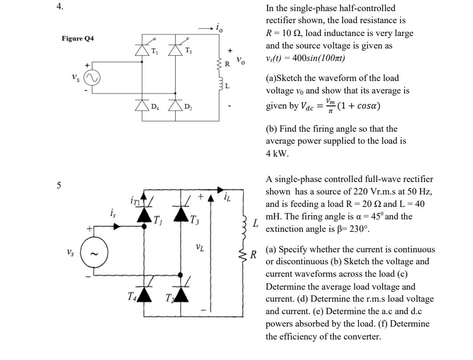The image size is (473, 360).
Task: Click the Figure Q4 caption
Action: pos(78,39)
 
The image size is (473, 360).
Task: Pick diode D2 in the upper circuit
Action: pos(175,105)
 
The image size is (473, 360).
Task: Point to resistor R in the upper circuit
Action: pos(219,65)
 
